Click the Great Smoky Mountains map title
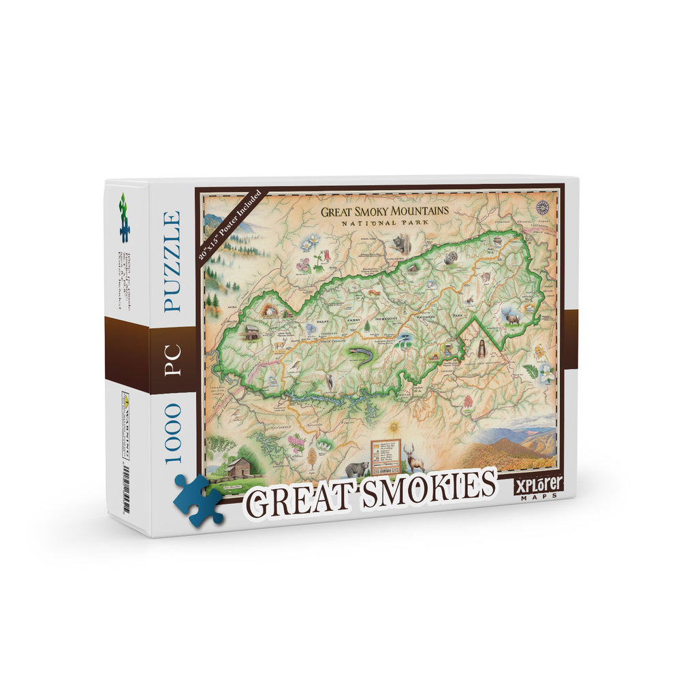(385, 211)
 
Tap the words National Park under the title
(385, 223)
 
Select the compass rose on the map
(543, 208)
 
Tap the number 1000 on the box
(172, 433)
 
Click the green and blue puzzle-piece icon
(124, 217)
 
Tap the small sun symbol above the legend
(394, 426)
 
